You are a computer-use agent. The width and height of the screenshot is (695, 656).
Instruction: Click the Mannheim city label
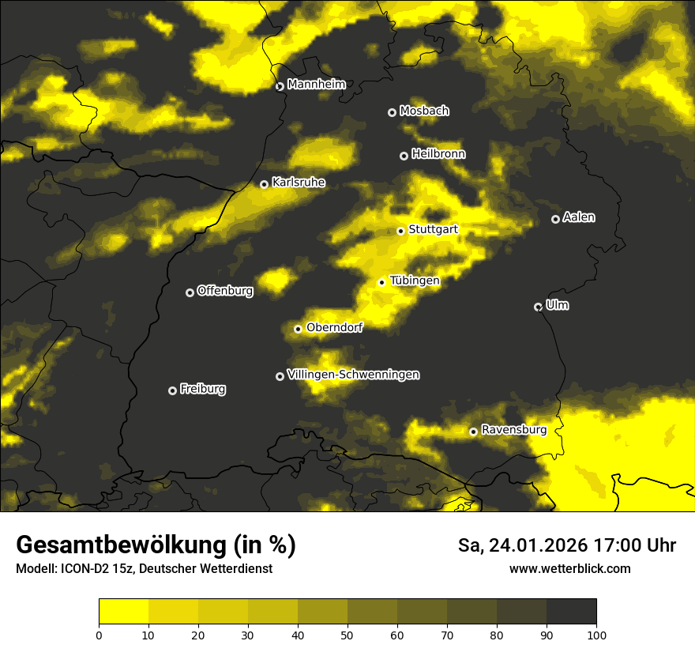[x=317, y=85]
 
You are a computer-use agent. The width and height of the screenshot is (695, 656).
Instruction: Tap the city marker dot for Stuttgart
[x=400, y=231]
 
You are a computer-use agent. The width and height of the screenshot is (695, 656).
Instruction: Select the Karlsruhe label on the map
[x=298, y=183]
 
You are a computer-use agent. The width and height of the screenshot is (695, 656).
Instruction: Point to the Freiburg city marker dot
[x=172, y=390]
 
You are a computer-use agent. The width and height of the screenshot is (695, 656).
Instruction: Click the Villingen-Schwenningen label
[x=353, y=375]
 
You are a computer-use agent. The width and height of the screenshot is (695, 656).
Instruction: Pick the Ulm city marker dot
[x=538, y=307]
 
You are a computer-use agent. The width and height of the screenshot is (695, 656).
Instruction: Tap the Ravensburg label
[x=513, y=430]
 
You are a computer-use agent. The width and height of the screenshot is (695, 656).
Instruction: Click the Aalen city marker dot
[x=555, y=219]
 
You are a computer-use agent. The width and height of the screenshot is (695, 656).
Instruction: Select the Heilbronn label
[x=438, y=154]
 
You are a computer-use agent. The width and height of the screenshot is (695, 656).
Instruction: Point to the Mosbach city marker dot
[x=392, y=112]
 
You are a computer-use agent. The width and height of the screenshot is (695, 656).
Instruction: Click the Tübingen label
[x=415, y=281]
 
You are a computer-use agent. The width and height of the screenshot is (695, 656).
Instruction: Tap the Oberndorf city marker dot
[x=298, y=329]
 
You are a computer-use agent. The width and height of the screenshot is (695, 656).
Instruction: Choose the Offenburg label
[x=225, y=291]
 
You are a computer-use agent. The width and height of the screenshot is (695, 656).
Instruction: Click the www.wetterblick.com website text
[x=570, y=568]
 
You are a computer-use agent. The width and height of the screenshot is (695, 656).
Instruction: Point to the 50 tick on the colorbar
[x=347, y=634]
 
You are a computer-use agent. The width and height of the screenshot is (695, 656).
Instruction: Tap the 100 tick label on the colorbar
[x=596, y=634]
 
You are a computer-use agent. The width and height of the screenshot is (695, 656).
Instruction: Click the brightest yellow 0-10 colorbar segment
[x=123, y=612]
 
